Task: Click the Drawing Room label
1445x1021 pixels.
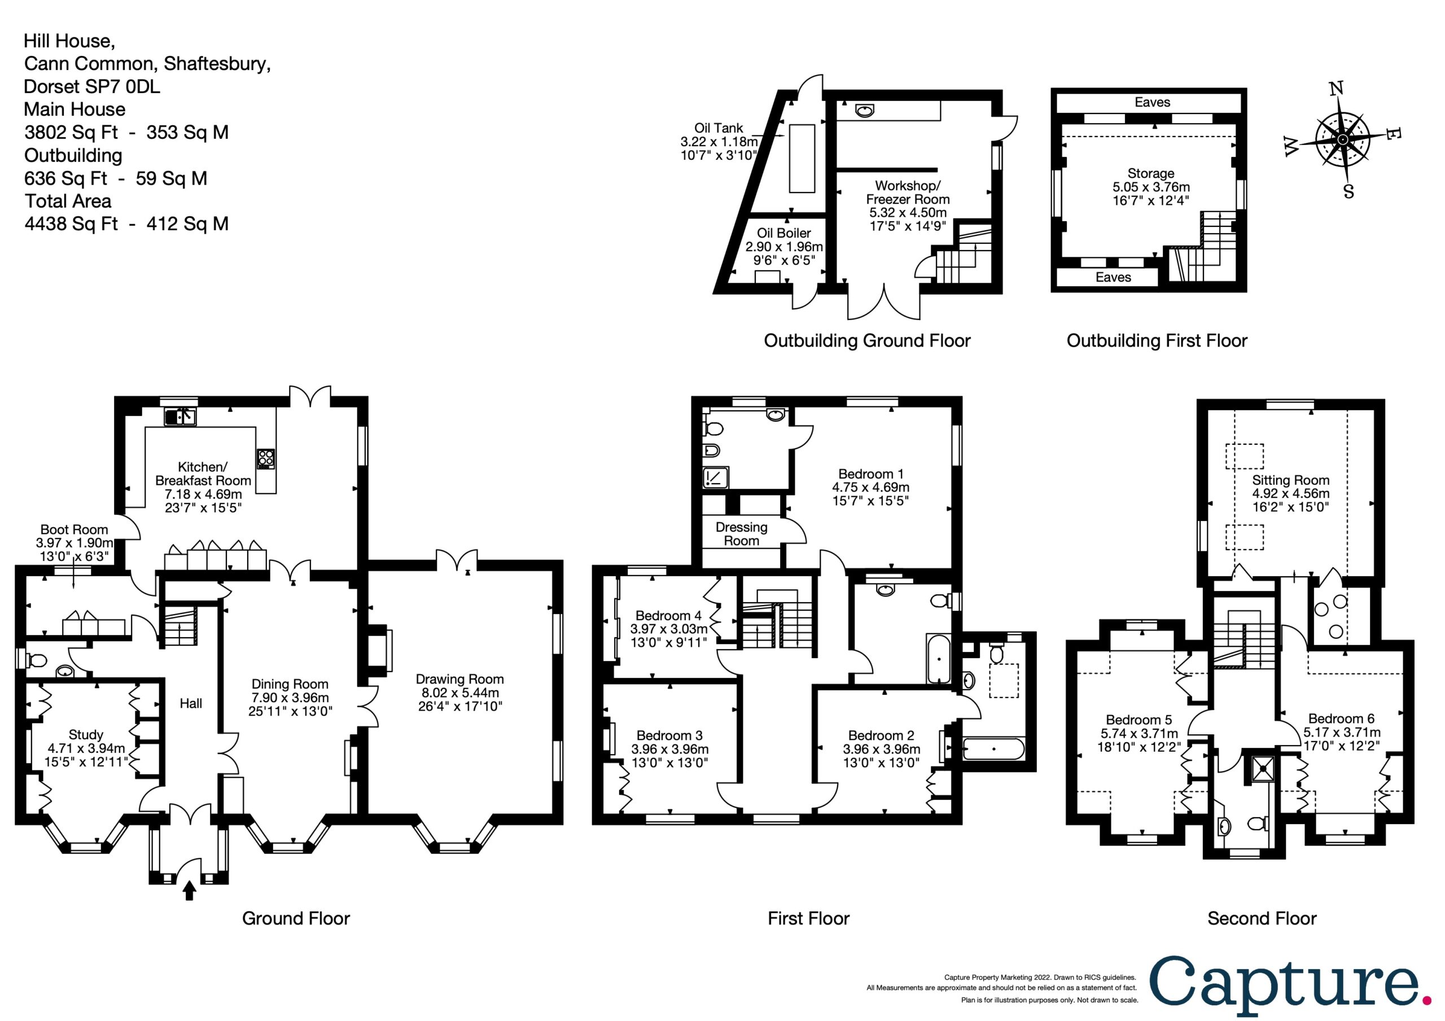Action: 459,679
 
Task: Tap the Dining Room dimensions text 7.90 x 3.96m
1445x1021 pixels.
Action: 290,698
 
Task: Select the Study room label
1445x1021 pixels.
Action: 86,735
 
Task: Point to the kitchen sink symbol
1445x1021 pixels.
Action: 180,416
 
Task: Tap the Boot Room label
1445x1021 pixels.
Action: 75,529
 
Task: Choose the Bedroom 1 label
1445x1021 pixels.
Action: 870,474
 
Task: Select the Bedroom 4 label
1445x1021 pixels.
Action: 668,615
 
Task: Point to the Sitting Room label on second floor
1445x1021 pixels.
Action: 1291,480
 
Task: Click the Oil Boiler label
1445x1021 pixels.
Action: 783,233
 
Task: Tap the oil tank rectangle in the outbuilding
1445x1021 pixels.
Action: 802,158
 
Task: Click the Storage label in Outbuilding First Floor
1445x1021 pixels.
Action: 1151,173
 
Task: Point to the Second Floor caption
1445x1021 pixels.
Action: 1262,918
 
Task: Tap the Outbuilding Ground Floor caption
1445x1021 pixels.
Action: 867,340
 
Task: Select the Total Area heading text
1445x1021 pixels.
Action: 68,201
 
